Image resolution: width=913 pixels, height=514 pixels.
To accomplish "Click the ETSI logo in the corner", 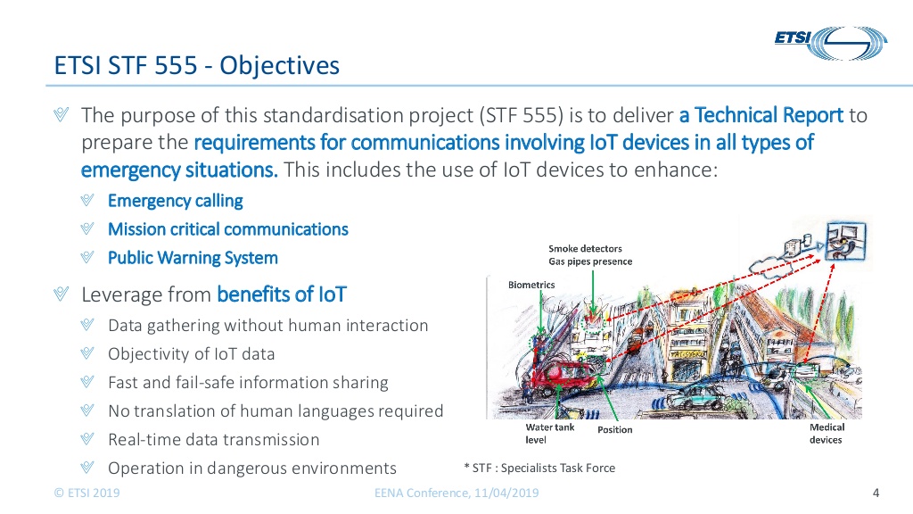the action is click(831, 43).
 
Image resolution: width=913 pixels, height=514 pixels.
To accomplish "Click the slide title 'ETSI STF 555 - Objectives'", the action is click(197, 65).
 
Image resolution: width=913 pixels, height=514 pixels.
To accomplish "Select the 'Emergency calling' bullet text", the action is click(176, 201).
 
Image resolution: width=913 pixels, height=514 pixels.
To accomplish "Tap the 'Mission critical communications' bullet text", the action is click(228, 229).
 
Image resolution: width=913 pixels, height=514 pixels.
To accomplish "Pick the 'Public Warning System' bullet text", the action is click(193, 258).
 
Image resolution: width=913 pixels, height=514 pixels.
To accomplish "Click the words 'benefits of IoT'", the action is click(282, 294).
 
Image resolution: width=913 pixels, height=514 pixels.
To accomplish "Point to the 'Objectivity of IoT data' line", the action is click(192, 353).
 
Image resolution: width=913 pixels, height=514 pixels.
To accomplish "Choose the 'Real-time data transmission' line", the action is click(214, 439).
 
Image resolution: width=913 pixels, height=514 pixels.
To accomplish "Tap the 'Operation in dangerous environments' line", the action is click(252, 468).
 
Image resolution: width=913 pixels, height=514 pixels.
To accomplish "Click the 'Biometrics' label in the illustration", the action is click(531, 285).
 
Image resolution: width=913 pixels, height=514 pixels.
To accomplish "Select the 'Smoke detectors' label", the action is click(585, 249).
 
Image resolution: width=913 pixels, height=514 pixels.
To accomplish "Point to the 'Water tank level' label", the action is click(549, 434).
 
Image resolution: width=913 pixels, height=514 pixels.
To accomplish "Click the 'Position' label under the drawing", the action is click(615, 429).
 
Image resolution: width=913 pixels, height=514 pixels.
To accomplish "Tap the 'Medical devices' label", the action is click(827, 434).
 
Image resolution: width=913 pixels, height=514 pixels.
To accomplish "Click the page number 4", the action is click(876, 493).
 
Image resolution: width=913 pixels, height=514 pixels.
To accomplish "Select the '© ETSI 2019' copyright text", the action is click(86, 493).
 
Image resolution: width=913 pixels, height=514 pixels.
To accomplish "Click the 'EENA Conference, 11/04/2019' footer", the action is click(456, 493).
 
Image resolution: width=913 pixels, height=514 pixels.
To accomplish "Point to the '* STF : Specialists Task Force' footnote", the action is click(539, 468).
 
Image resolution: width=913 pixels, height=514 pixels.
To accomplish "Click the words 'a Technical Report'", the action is click(761, 115).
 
